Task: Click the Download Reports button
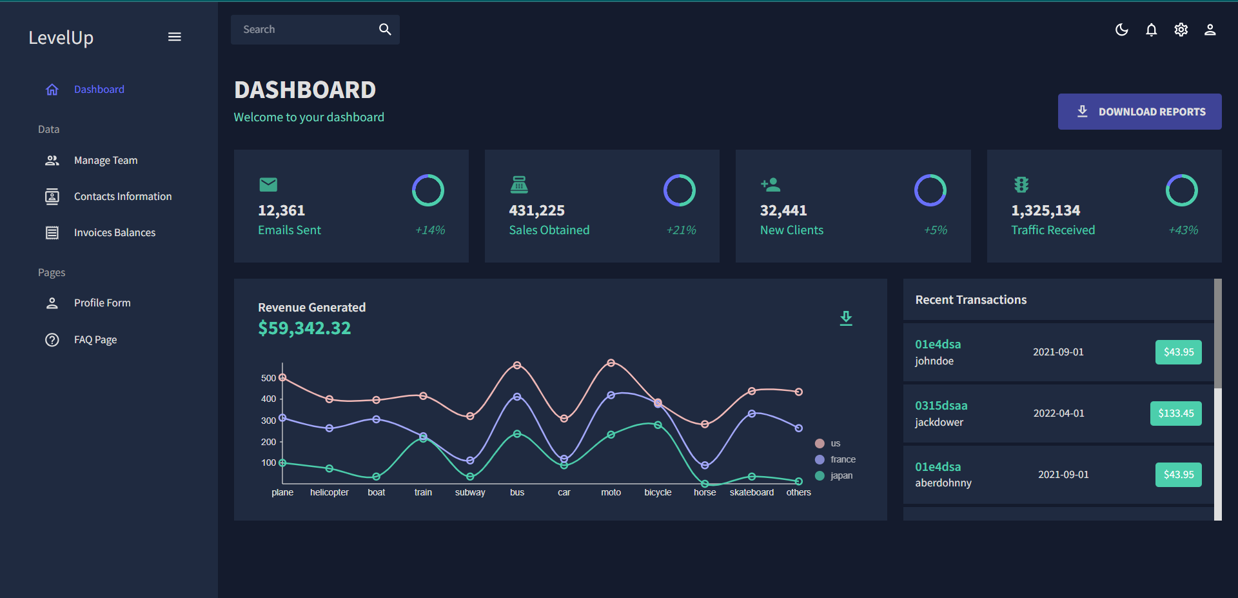pos(1139,112)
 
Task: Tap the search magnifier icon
pos(385,29)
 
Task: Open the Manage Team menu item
pos(106,160)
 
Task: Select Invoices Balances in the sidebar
pos(114,232)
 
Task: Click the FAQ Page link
pos(95,339)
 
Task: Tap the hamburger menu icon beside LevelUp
pos(174,37)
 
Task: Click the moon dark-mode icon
pos(1121,30)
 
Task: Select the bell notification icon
pos(1151,30)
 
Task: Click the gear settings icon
pos(1181,30)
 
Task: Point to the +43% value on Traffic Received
pos(1183,230)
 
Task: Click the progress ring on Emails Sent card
pos(428,190)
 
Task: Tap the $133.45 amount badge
pos(1175,413)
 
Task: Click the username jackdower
pos(939,422)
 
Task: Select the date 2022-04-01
pos(1059,413)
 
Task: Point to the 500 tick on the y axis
pos(268,378)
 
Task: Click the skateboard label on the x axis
pos(751,492)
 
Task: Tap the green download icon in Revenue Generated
pos(846,318)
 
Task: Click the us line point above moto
pos(611,363)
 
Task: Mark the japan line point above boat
pos(377,477)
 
